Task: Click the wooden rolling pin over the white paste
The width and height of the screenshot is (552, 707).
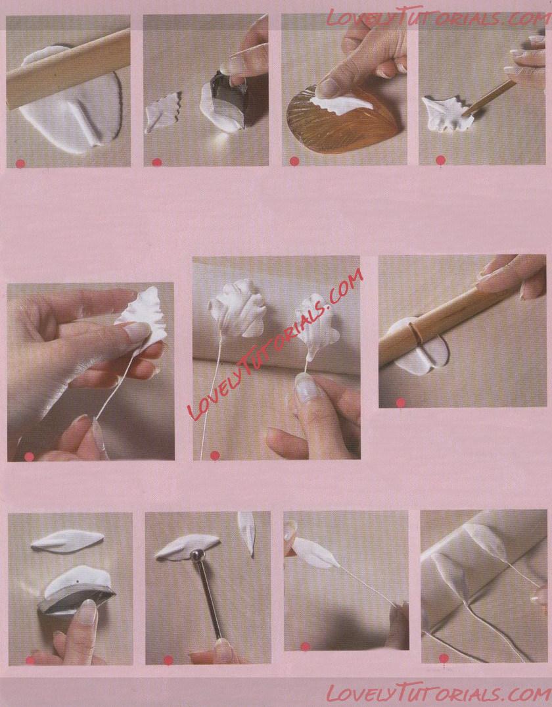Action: point(68,68)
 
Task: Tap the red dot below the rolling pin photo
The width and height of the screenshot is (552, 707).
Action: point(20,163)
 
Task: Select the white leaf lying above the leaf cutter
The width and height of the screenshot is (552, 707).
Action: point(68,541)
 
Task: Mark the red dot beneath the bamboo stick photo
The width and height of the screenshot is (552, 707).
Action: point(401,402)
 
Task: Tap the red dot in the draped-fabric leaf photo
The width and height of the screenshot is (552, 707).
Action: point(444,658)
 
